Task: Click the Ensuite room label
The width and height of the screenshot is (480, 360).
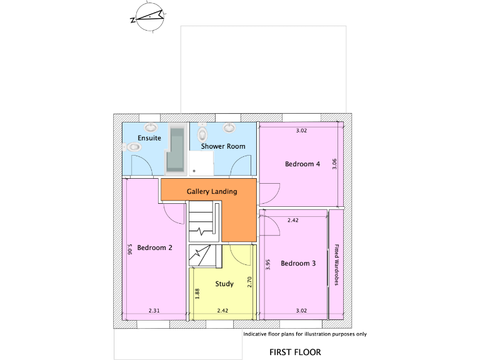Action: [149, 137]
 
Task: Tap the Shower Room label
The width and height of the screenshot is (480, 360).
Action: [222, 146]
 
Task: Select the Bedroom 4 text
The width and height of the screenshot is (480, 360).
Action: [302, 164]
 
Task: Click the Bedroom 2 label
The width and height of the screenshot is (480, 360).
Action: [154, 247]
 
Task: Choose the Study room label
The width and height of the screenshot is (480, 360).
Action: [224, 284]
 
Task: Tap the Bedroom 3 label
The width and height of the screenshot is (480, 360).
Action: [298, 264]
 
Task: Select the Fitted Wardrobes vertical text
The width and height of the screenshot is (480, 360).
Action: [336, 264]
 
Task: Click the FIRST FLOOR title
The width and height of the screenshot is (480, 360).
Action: [295, 352]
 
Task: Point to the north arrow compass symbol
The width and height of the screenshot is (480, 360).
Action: [148, 17]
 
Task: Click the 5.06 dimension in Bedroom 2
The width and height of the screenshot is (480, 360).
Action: [130, 249]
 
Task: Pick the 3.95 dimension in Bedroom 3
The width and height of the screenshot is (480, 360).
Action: [267, 264]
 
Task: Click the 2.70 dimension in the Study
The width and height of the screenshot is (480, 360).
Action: [249, 282]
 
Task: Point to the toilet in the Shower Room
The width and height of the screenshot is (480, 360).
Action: [202, 134]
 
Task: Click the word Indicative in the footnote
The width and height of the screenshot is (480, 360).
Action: [256, 334]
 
